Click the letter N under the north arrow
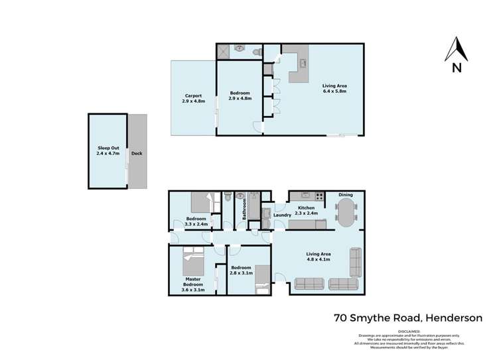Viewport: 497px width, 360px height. (x=457, y=67)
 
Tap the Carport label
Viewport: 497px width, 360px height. (x=194, y=95)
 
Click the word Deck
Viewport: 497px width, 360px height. (x=137, y=153)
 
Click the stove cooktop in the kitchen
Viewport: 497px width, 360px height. (x=319, y=196)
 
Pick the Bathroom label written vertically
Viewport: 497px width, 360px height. (x=245, y=209)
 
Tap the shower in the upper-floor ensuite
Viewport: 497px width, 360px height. (x=224, y=49)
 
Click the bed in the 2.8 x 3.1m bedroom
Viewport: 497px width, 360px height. (x=262, y=276)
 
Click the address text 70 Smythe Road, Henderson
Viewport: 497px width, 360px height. (x=408, y=318)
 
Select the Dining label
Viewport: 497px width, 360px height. (x=346, y=194)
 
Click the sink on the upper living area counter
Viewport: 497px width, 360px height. (x=303, y=64)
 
